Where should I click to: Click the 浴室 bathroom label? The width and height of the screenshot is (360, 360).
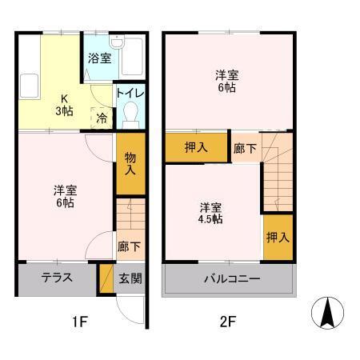click(x=99, y=58)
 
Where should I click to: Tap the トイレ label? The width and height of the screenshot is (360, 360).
click(x=130, y=94)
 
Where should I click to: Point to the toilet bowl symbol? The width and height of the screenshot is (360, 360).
click(x=130, y=116)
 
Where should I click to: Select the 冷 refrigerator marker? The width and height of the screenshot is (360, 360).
click(x=102, y=117)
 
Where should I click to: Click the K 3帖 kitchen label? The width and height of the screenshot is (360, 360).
click(x=62, y=105)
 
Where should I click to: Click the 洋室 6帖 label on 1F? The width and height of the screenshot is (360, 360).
click(x=64, y=196)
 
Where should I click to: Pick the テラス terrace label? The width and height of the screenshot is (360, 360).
click(x=58, y=278)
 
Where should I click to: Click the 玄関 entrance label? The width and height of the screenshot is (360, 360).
click(x=130, y=278)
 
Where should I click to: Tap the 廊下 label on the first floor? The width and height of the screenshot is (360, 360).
click(x=127, y=246)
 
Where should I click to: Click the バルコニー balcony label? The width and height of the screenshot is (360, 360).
click(x=228, y=279)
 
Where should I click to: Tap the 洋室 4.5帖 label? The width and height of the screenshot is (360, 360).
click(x=211, y=213)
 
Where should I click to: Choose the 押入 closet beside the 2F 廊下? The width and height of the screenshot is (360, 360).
click(x=196, y=147)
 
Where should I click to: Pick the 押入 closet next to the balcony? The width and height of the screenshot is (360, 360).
click(x=277, y=238)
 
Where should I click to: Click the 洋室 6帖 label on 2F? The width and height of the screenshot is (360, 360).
click(x=226, y=81)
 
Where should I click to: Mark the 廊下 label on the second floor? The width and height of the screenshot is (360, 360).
click(x=245, y=147)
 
